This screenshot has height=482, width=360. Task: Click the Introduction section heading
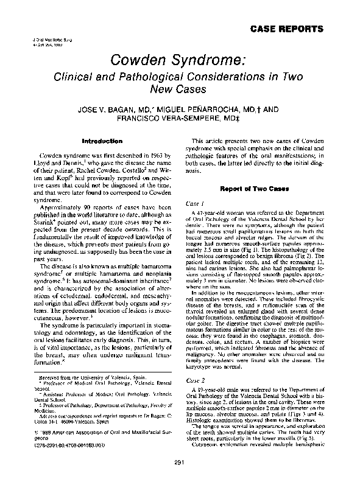click(x=98, y=141)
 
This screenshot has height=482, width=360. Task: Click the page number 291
click(x=179, y=465)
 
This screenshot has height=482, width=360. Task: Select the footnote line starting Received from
click(x=74, y=395)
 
